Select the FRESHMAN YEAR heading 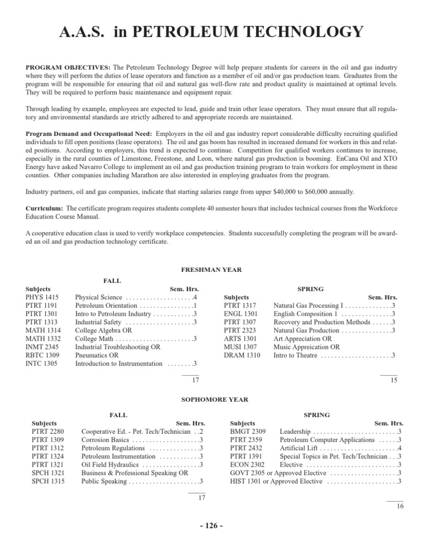211,270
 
